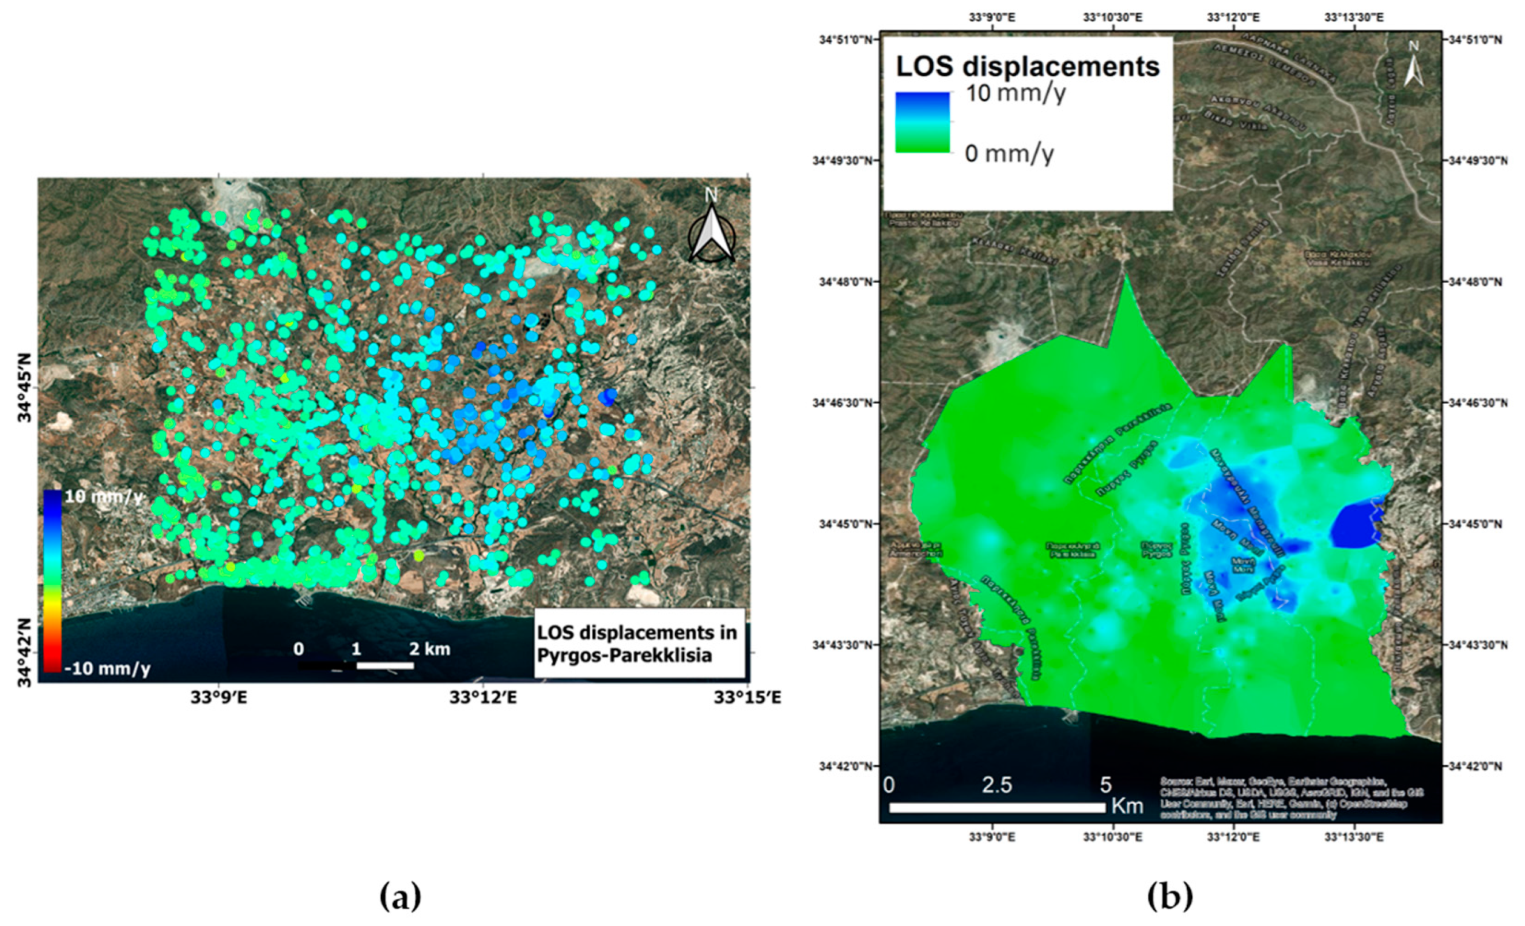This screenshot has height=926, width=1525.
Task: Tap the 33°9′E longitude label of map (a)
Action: point(219,698)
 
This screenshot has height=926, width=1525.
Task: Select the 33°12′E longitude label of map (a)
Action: point(484,698)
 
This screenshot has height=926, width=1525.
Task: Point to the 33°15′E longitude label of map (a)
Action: point(747,698)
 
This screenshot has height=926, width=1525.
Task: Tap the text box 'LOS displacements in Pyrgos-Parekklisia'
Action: point(638,643)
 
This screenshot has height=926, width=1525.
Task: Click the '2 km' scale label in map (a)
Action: point(429,649)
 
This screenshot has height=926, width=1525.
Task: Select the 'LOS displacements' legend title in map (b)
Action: point(1028,67)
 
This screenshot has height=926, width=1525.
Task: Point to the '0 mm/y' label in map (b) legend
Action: point(1009,153)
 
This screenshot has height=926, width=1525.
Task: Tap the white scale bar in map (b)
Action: point(997,807)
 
